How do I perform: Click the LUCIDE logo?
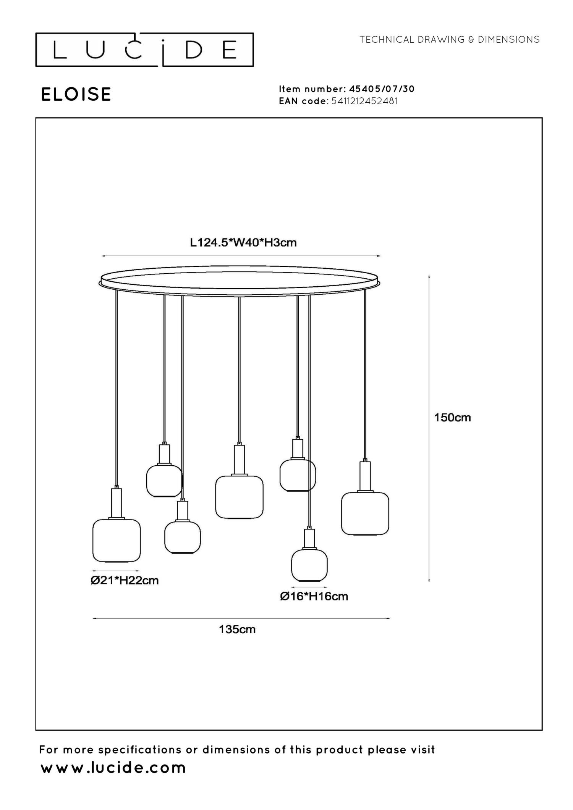click(144, 50)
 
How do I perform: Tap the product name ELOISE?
click(76, 94)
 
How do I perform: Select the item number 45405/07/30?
click(382, 89)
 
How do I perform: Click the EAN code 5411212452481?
click(365, 101)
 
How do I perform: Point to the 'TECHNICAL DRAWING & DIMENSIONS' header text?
click(449, 40)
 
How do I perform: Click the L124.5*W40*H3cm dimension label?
click(243, 243)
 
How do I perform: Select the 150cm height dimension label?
click(452, 418)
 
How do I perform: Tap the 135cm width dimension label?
click(237, 629)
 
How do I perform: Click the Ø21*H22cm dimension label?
click(125, 581)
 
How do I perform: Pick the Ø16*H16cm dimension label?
click(314, 596)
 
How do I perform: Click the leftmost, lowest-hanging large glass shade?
click(117, 540)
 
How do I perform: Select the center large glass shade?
click(239, 497)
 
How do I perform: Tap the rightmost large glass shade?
click(365, 513)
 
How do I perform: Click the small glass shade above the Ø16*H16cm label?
click(309, 565)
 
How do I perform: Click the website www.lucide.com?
click(113, 768)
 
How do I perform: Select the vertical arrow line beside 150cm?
click(429, 428)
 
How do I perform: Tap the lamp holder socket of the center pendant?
click(239, 460)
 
